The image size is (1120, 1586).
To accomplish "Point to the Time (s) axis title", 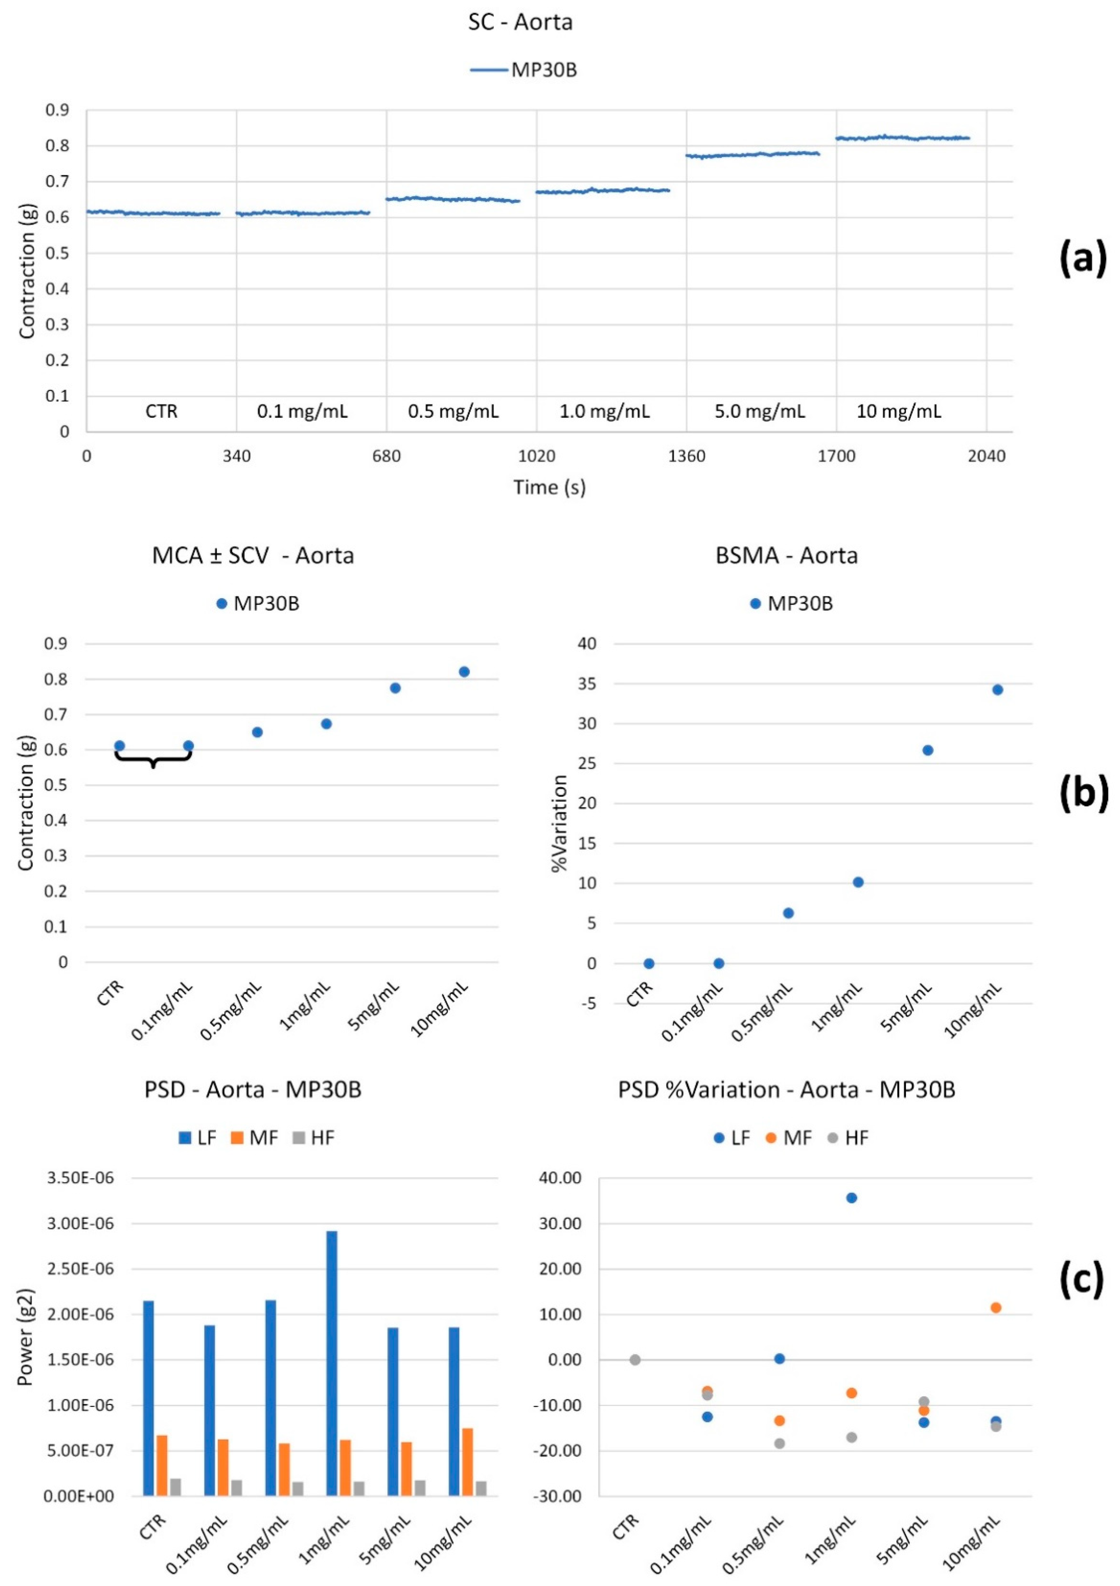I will [549, 488].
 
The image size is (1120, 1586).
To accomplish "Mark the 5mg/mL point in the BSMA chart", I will [927, 750].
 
